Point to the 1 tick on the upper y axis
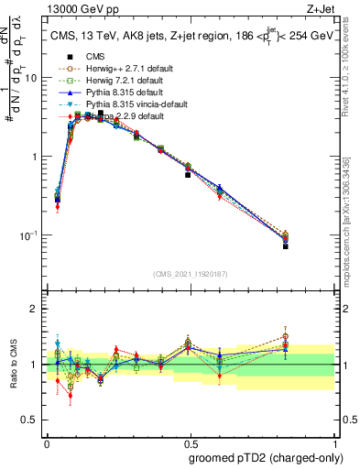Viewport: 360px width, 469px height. (35, 157)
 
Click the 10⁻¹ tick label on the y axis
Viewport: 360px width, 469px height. (30, 235)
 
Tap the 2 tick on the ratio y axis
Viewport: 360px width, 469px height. (35, 309)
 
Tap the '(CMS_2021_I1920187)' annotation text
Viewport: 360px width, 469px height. (190, 272)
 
